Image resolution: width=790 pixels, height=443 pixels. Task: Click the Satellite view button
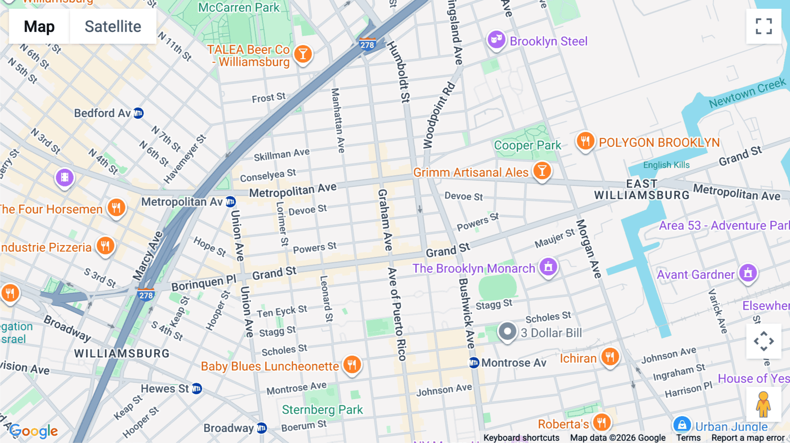113,26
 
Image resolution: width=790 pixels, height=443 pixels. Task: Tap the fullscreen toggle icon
764,26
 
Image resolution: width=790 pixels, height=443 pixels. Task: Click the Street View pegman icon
763,404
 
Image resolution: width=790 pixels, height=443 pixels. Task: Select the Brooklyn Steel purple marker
496,40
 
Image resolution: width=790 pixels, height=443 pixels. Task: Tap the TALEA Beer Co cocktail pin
303,54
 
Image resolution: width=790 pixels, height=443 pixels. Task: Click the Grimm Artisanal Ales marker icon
542,171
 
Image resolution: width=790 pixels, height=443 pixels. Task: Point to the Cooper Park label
527,145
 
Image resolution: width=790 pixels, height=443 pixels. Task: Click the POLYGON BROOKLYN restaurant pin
585,141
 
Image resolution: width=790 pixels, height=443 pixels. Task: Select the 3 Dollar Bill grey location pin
507,332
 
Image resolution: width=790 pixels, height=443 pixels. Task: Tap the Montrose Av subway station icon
474,363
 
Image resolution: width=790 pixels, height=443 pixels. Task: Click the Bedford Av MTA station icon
138,113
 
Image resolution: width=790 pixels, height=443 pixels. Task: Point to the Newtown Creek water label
747,93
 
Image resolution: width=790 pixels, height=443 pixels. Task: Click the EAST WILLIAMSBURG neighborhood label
642,189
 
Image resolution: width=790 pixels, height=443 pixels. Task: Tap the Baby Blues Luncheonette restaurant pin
352,364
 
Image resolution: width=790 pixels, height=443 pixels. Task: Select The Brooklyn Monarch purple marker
548,266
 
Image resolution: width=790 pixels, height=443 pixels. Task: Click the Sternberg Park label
322,410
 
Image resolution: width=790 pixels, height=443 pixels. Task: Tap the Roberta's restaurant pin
601,423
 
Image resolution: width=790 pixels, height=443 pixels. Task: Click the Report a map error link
748,438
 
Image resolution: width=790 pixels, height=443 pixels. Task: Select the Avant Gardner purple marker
748,273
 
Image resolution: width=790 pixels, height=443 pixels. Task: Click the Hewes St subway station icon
197,389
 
